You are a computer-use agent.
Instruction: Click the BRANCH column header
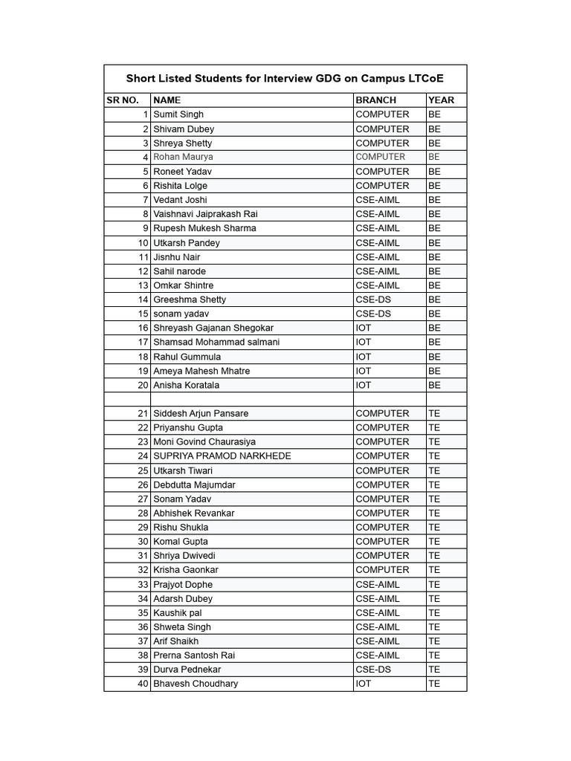click(375, 100)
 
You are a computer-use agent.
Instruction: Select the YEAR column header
click(441, 100)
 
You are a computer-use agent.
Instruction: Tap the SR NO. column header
click(123, 100)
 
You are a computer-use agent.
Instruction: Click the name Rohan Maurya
click(183, 157)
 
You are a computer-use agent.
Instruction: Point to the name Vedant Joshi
click(180, 200)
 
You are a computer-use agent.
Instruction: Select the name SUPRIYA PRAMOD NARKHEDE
click(222, 456)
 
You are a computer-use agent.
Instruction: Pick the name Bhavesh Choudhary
click(196, 684)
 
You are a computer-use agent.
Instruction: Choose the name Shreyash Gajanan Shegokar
click(213, 328)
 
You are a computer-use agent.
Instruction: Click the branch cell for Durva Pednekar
click(374, 670)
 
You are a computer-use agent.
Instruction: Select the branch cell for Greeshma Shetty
click(374, 299)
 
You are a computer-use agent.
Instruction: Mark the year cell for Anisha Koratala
click(435, 385)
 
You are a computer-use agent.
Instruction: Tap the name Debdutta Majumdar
click(194, 485)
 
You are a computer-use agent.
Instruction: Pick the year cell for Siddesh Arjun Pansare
click(434, 413)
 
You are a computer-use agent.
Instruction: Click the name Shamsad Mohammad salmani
click(216, 342)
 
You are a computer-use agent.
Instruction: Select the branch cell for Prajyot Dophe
click(377, 584)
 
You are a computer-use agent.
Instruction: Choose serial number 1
click(146, 114)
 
